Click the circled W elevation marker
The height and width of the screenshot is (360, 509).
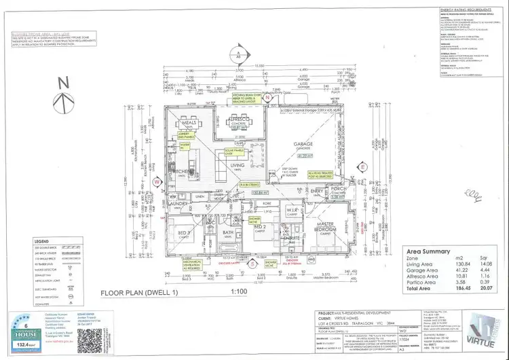click(x=156, y=182)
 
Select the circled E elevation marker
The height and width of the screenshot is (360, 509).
click(x=363, y=166)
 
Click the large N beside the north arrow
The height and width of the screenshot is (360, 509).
click(x=63, y=84)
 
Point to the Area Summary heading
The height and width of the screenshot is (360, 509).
click(x=428, y=249)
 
